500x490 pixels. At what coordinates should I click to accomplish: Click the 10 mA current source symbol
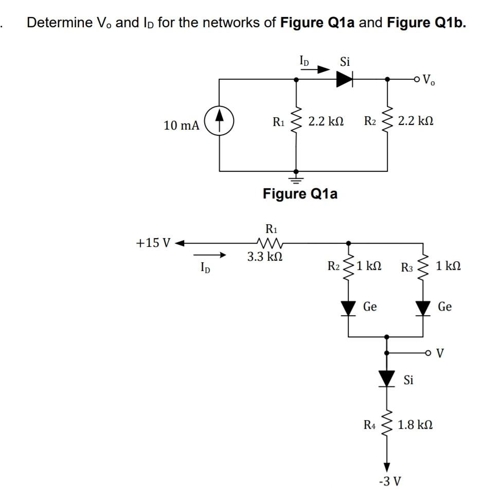(x=220, y=123)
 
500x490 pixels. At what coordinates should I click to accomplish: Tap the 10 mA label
(x=181, y=125)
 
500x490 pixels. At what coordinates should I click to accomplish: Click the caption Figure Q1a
(x=300, y=194)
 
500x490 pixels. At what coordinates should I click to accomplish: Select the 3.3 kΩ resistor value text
(x=265, y=256)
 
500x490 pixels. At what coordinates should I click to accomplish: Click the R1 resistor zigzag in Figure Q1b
(x=269, y=242)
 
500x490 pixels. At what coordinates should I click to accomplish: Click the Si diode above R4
(x=387, y=378)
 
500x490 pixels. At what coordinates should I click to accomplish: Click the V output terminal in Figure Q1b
(x=430, y=353)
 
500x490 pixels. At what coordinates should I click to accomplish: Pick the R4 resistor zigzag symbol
(x=387, y=425)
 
